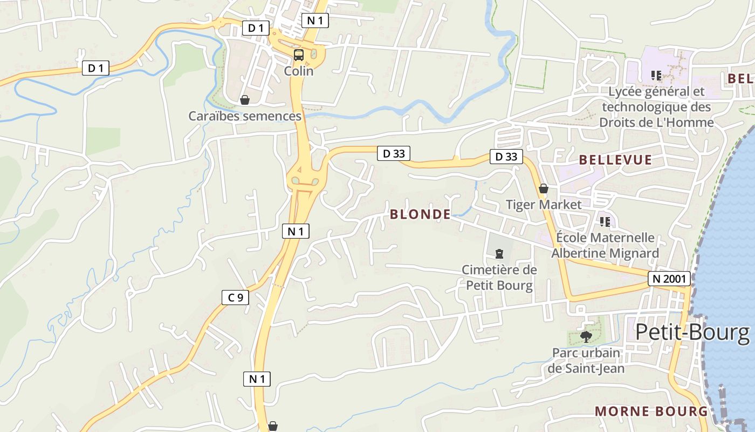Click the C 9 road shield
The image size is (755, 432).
click(x=235, y=297)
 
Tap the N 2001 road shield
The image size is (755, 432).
click(x=669, y=279)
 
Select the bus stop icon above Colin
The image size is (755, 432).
click(x=299, y=55)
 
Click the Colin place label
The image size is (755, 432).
click(x=299, y=71)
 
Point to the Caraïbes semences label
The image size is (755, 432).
click(x=245, y=116)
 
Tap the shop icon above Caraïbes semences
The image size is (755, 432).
click(x=245, y=100)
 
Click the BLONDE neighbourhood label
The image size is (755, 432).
click(x=420, y=214)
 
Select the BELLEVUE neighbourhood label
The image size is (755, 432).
click(x=615, y=160)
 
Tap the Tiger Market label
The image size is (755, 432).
click(x=544, y=205)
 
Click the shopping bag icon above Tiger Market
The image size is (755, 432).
click(x=544, y=188)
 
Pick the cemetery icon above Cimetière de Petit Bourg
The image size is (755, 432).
click(x=499, y=253)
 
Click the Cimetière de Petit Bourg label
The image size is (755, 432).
click(x=499, y=277)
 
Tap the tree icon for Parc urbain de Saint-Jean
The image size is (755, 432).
click(x=586, y=337)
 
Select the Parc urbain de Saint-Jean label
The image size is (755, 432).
click(x=586, y=361)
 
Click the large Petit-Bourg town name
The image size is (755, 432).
click(x=692, y=332)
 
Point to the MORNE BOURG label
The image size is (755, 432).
click(x=651, y=411)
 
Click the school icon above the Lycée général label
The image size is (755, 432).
click(x=656, y=75)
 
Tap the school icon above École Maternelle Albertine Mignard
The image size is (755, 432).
click(x=605, y=221)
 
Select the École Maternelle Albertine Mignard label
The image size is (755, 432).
click(x=605, y=245)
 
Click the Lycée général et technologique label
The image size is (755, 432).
click(x=656, y=107)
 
